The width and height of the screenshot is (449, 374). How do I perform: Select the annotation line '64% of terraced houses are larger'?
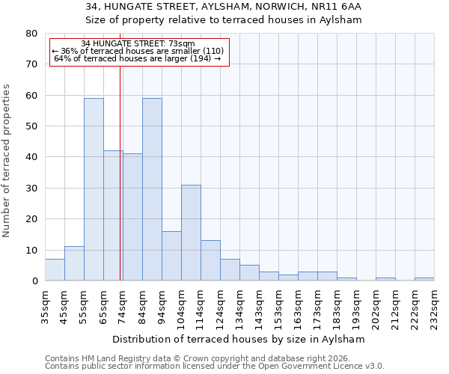click(138, 58)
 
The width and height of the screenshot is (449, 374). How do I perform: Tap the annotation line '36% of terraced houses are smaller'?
click(138, 51)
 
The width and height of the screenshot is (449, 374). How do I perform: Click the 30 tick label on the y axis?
click(31, 188)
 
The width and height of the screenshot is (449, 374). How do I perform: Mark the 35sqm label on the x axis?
click(45, 304)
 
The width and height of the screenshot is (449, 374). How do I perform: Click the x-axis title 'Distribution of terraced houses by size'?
click(243, 339)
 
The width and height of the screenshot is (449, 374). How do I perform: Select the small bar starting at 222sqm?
click(424, 279)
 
